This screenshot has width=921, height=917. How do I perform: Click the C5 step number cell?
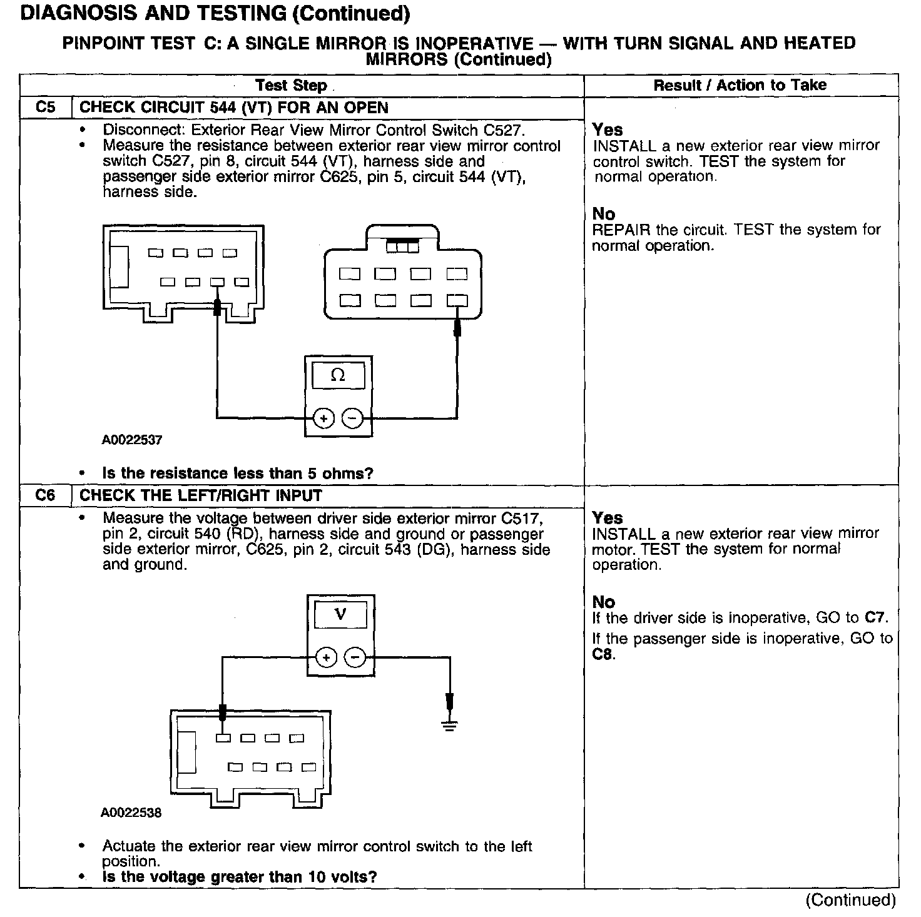(46, 108)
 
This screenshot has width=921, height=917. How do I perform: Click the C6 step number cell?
(46, 496)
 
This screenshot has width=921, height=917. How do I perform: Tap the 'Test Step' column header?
(292, 86)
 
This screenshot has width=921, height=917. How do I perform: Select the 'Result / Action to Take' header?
(740, 86)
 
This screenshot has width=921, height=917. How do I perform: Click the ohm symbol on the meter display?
(338, 375)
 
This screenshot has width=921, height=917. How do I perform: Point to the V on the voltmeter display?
(340, 614)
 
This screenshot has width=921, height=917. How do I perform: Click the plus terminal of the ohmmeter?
(323, 418)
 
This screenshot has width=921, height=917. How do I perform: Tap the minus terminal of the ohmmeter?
(353, 418)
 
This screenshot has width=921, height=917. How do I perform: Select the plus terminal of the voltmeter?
(326, 657)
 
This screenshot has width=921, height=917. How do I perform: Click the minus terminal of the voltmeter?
(355, 657)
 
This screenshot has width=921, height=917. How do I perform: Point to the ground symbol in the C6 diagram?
(449, 726)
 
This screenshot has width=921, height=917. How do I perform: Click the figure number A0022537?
(132, 440)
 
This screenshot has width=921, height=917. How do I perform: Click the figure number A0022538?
(131, 813)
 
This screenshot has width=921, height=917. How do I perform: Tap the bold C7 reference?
(875, 618)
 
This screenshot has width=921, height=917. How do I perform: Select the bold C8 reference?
(603, 655)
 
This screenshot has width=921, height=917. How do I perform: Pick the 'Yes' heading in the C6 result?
(608, 518)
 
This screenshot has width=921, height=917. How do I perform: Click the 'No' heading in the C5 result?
(604, 214)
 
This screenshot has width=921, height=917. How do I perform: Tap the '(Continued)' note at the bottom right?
(851, 900)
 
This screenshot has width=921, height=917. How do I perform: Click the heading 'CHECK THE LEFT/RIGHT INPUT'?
(201, 496)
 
